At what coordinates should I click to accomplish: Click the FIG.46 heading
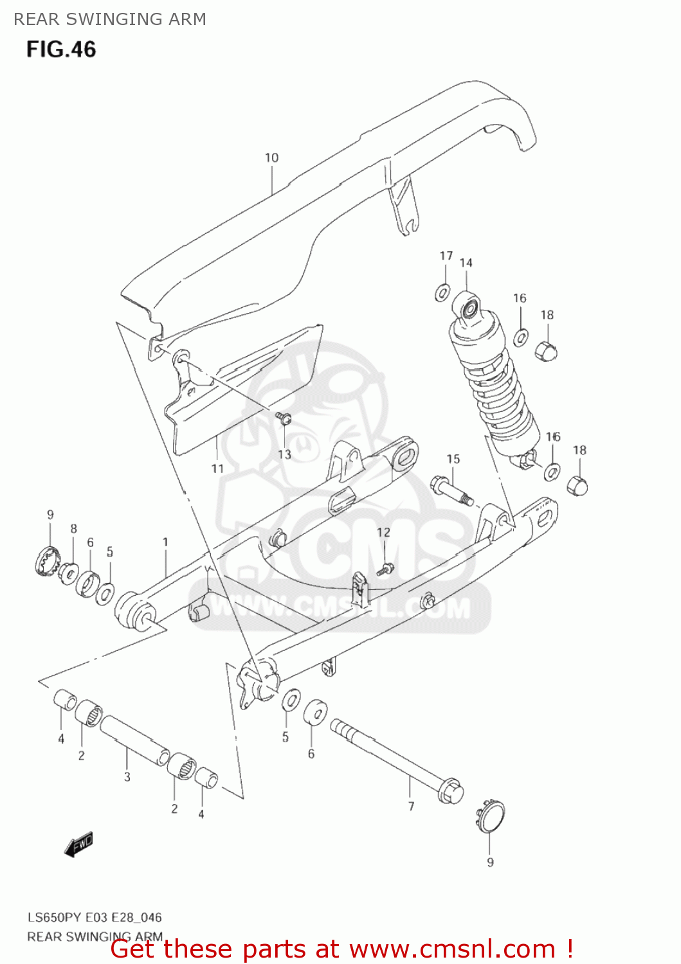click(x=61, y=49)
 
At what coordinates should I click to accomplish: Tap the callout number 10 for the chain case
click(x=271, y=157)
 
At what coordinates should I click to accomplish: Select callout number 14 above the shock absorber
click(x=466, y=263)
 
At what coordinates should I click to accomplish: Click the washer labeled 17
click(x=442, y=293)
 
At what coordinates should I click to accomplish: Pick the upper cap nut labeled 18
click(x=546, y=351)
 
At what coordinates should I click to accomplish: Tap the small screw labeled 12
click(x=385, y=568)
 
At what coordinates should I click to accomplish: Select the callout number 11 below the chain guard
click(x=217, y=469)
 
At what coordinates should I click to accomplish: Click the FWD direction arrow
click(x=78, y=845)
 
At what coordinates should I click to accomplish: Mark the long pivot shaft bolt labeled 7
click(x=396, y=761)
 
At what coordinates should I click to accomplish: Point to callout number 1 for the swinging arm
click(x=165, y=542)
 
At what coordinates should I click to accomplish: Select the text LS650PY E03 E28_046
click(x=95, y=917)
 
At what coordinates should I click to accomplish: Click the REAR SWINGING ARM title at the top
click(x=110, y=19)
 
